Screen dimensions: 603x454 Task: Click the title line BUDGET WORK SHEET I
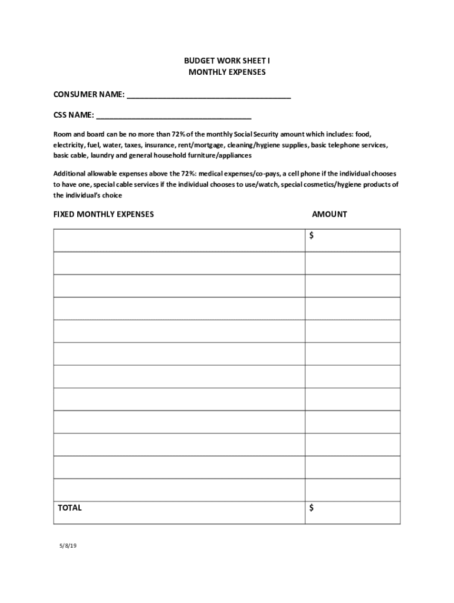[227, 61]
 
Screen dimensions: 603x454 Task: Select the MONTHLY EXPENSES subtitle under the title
[227, 72]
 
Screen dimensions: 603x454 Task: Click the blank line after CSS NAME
[173, 116]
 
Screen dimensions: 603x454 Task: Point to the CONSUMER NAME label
[88, 94]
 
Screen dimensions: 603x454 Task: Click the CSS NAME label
[74, 114]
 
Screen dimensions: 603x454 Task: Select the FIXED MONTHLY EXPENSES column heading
[104, 214]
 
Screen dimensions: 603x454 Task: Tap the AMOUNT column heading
[329, 214]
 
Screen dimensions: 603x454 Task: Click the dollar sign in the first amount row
[311, 236]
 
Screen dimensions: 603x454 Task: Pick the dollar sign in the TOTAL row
[311, 508]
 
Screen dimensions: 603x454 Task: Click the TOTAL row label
[70, 508]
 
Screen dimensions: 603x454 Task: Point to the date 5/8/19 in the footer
[68, 546]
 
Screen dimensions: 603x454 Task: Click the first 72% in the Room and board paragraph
[179, 134]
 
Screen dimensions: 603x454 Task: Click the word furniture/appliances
[222, 155]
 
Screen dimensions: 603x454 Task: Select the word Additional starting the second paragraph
[69, 174]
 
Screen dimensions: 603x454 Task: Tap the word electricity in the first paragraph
[68, 145]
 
